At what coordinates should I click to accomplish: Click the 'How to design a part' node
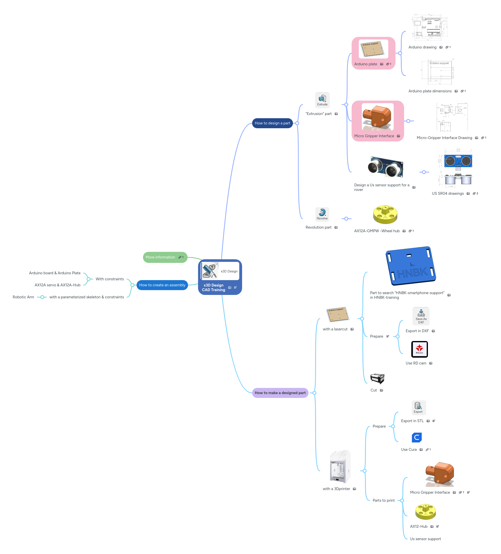pos(272,123)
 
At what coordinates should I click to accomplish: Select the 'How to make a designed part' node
pos(280,393)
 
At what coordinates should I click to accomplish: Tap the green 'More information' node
pos(162,257)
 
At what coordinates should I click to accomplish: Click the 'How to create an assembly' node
pos(162,285)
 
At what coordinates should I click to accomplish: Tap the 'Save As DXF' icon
pos(421,316)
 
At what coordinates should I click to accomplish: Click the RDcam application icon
pos(419,349)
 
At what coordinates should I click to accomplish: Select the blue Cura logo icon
pos(416,437)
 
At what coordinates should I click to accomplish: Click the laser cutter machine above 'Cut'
pos(377,378)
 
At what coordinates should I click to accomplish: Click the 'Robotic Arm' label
pos(23,297)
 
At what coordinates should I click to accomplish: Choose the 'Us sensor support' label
pos(425,539)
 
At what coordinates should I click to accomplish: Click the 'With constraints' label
pos(110,279)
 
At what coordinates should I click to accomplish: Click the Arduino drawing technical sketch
pos(429,27)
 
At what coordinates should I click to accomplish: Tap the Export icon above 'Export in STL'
pos(418,408)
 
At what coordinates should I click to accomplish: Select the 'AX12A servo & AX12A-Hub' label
pos(57,285)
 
